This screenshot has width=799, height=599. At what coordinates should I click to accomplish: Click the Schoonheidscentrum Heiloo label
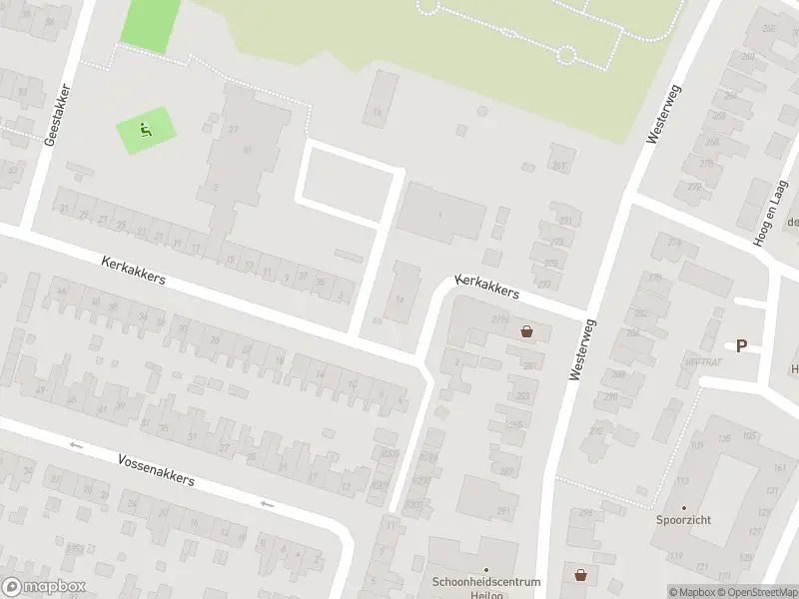[x=486, y=588]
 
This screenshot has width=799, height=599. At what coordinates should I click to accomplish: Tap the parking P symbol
[x=741, y=346]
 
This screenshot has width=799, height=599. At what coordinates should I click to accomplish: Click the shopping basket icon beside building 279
[x=526, y=331]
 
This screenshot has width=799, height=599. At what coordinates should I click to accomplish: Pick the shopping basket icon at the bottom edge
[x=580, y=575]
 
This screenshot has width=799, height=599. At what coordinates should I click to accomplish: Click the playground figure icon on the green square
[x=146, y=129]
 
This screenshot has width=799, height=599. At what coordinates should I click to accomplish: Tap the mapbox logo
[x=44, y=587]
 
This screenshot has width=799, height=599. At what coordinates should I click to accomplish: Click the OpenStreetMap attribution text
[x=757, y=592]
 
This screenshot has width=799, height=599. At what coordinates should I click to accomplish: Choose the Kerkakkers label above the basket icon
[x=487, y=288]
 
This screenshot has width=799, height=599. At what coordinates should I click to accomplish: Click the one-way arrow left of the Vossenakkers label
[x=75, y=445]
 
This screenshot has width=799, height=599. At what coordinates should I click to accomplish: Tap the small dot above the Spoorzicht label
[x=684, y=508]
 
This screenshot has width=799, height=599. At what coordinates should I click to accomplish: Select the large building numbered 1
[x=440, y=214]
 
